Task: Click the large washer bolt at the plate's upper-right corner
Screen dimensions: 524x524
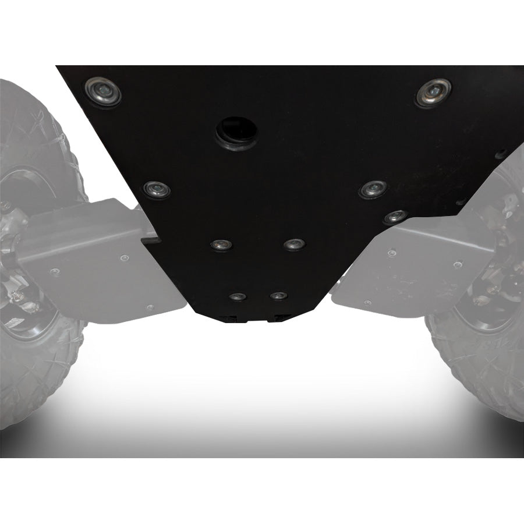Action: tap(433, 92)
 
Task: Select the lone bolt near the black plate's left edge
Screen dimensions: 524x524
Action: tap(157, 189)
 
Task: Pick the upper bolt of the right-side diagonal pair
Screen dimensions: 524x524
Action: tap(373, 189)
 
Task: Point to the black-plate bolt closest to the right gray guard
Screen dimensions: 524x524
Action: tap(395, 217)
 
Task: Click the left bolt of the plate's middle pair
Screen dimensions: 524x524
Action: tap(221, 244)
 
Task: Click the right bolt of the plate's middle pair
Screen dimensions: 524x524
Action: tap(294, 244)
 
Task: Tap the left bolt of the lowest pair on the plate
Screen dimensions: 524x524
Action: tap(236, 296)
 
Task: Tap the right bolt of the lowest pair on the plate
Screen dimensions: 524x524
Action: tap(278, 296)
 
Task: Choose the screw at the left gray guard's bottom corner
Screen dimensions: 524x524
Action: tap(150, 307)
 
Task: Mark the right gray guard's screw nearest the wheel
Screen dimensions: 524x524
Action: tap(458, 264)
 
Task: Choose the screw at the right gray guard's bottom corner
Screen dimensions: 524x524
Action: tap(367, 303)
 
